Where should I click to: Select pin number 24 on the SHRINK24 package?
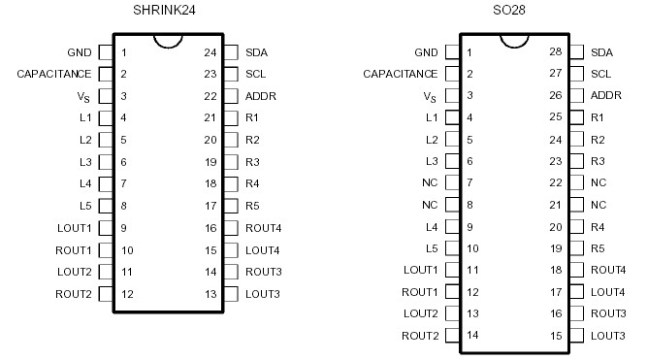210,51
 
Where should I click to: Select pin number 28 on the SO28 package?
555,51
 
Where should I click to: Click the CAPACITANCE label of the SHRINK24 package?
54,74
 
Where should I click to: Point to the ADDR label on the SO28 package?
606,96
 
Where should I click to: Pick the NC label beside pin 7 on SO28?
430,182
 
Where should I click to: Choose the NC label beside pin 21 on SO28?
598,205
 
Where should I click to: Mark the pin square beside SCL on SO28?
577,74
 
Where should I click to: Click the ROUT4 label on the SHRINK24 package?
262,228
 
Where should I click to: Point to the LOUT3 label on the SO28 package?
608,336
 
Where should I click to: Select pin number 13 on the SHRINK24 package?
210,294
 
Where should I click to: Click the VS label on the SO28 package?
431,96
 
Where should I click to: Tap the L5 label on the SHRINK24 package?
85,206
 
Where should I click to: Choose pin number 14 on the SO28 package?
472,336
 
